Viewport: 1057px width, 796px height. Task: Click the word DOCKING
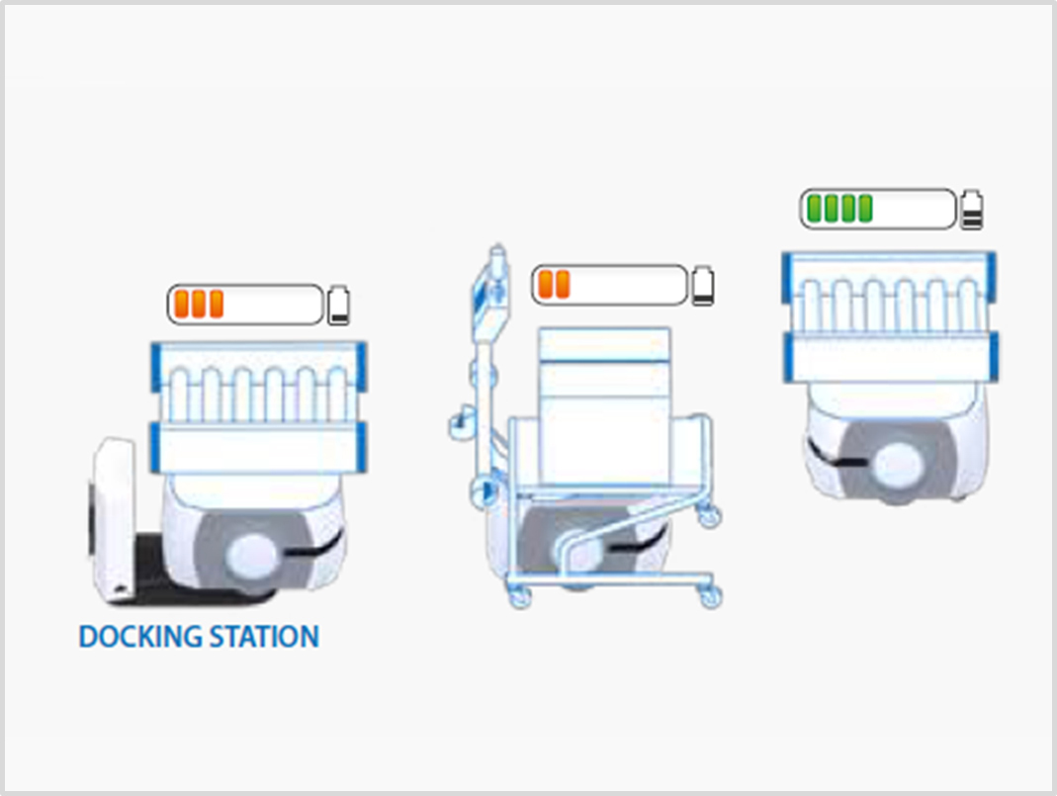click(x=138, y=636)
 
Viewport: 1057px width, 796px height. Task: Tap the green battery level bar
click(x=877, y=209)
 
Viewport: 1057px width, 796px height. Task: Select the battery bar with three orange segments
click(x=245, y=305)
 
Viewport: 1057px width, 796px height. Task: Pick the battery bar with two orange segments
click(x=608, y=285)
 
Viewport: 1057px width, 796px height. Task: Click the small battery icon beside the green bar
click(x=972, y=210)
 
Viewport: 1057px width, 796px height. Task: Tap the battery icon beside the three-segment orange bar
click(x=339, y=306)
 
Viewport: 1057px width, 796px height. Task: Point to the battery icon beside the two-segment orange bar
click(x=702, y=285)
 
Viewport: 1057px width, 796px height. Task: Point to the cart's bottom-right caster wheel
click(x=710, y=595)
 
